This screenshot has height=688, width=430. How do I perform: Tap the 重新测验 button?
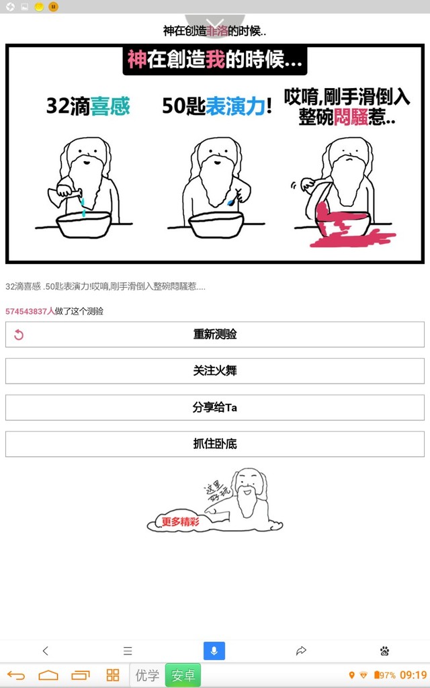coord(214,335)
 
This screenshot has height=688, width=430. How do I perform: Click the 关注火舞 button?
coord(214,371)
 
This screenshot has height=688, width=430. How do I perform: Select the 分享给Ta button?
coord(214,407)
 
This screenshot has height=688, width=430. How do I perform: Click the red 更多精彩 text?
coord(180,521)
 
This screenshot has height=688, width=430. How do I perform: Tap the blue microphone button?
coord(214,650)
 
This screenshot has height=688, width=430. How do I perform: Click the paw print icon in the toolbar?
coord(384,650)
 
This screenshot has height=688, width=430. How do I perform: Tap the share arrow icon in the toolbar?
coord(301,650)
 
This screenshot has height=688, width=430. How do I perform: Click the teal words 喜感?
coord(110,106)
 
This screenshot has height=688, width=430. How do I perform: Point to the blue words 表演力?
coord(235,106)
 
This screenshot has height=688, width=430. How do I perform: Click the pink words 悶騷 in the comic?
coord(351,117)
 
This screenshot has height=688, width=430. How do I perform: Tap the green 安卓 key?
coord(183,675)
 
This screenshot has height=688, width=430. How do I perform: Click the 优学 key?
coord(147,675)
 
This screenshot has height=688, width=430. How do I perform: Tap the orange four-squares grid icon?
coord(113,675)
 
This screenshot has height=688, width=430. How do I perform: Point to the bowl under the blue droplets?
coord(84,225)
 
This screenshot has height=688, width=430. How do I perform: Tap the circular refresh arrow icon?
coord(18,335)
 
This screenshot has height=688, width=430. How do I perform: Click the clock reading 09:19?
coord(413,675)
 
